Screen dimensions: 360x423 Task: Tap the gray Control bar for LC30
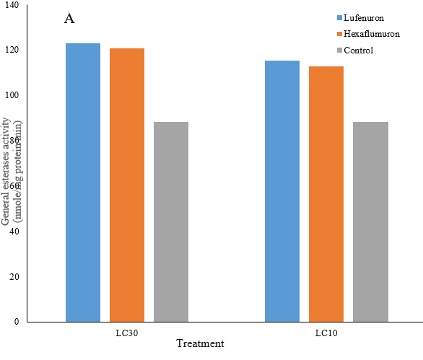click(x=171, y=221)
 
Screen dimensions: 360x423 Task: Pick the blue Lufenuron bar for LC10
click(x=282, y=191)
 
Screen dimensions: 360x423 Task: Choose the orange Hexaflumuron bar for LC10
click(x=326, y=194)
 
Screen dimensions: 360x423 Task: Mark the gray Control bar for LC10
click(x=370, y=221)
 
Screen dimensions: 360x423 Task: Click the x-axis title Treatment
click(x=200, y=344)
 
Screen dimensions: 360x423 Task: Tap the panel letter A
click(x=69, y=19)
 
